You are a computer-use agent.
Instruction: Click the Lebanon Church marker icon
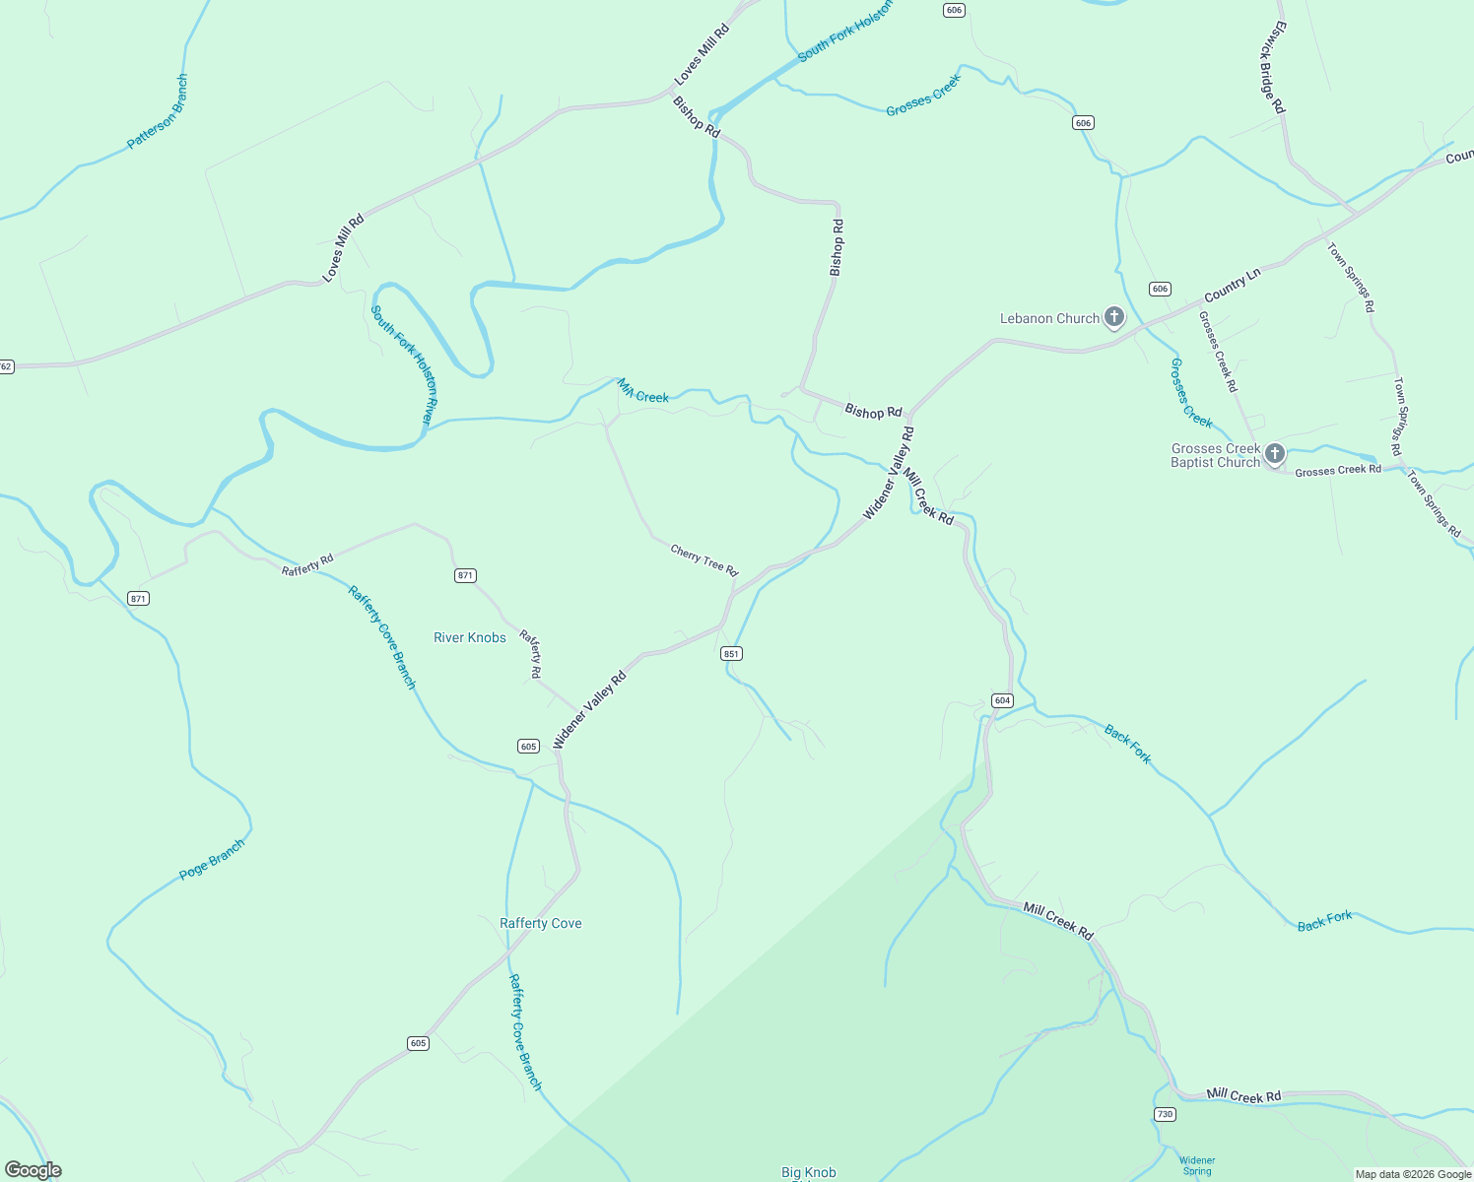tap(1113, 317)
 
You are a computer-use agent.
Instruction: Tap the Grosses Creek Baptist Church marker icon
tap(1274, 454)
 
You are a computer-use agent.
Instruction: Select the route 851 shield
tap(731, 654)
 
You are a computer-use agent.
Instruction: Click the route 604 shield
tap(1002, 700)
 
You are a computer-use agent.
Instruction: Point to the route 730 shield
tap(1166, 1114)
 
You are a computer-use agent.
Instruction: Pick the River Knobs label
tap(470, 637)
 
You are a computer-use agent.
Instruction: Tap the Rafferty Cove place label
tap(540, 923)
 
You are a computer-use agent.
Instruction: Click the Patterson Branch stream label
tap(158, 112)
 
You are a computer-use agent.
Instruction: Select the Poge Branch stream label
tap(212, 859)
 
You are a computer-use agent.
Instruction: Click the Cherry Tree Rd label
tap(703, 559)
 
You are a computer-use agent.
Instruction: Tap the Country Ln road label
tap(1232, 287)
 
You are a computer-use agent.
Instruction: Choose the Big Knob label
tap(808, 1172)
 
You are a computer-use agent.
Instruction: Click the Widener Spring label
tap(1197, 1165)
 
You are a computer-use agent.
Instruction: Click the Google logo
tap(33, 1170)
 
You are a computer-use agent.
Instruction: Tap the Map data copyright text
tap(1413, 1174)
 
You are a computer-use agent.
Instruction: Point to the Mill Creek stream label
tap(643, 392)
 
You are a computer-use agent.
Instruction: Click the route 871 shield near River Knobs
tap(465, 575)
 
